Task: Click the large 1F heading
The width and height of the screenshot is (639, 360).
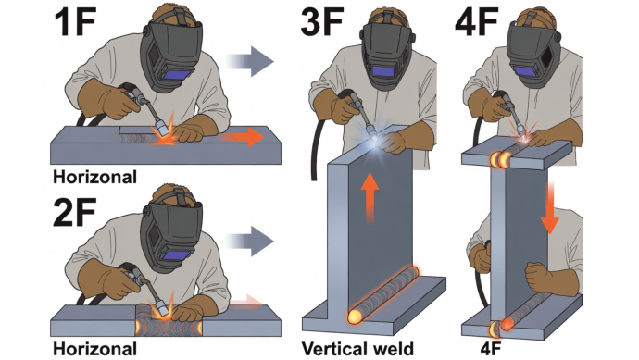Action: (x=76, y=21)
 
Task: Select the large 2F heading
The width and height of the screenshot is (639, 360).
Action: (x=76, y=212)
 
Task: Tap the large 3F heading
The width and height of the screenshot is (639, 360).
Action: (x=322, y=21)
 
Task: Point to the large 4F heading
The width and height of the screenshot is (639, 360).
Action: (x=477, y=21)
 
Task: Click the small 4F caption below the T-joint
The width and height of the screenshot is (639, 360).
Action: (x=491, y=349)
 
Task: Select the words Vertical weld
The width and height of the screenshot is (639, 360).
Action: (x=357, y=349)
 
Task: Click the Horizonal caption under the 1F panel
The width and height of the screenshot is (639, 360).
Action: (x=94, y=177)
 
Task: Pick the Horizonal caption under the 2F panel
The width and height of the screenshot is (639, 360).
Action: (x=94, y=349)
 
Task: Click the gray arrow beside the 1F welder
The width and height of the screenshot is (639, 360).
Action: (x=249, y=61)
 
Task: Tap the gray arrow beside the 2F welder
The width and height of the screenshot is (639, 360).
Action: (x=249, y=242)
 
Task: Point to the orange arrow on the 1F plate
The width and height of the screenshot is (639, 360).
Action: (x=242, y=137)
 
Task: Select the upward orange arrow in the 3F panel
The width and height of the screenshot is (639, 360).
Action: (x=370, y=198)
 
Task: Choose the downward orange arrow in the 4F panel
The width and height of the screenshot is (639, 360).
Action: (x=550, y=207)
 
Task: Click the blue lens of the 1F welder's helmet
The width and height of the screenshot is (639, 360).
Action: (x=178, y=76)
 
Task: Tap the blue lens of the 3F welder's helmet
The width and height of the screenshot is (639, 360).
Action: (x=383, y=71)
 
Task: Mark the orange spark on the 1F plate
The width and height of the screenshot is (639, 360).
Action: (x=165, y=131)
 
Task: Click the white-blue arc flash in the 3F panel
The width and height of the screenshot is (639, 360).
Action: (x=373, y=141)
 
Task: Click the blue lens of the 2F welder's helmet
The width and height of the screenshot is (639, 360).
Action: (x=178, y=255)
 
